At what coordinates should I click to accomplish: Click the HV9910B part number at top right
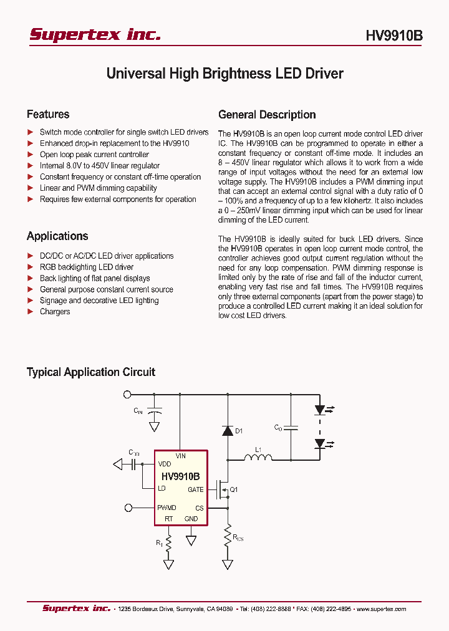click(x=393, y=36)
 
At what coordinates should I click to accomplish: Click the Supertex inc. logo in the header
click(x=95, y=35)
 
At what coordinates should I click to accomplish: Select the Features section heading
click(x=48, y=114)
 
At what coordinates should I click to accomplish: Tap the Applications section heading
click(x=57, y=236)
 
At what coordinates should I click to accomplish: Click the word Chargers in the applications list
click(x=55, y=312)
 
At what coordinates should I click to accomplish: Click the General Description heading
click(x=267, y=115)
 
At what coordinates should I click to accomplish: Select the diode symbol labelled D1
click(x=227, y=431)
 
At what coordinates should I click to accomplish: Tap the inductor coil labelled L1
click(x=257, y=459)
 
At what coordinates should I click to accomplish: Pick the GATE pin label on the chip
click(x=196, y=490)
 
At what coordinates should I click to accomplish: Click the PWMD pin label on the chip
click(x=167, y=508)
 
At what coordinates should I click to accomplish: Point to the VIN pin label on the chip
click(x=180, y=456)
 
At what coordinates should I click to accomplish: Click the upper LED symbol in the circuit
click(x=321, y=410)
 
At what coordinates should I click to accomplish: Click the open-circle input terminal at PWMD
click(x=128, y=508)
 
